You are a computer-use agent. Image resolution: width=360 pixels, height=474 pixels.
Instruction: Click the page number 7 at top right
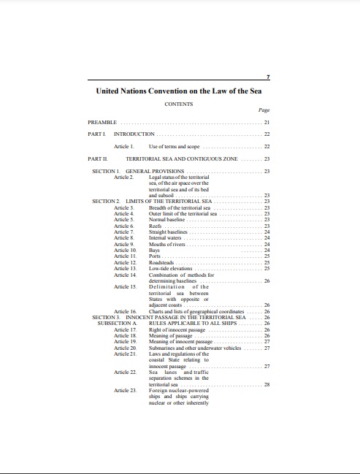(268, 76)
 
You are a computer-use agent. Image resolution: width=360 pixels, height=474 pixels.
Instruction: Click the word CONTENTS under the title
(179, 104)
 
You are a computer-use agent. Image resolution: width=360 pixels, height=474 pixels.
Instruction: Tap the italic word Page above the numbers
(264, 110)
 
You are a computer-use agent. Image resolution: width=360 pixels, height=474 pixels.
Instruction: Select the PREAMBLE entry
(102, 122)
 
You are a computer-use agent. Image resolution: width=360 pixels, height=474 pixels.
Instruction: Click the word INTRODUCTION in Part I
(134, 134)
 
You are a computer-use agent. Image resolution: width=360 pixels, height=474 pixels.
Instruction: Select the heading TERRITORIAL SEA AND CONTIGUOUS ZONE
(182, 158)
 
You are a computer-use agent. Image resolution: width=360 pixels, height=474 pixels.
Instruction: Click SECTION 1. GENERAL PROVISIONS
(138, 171)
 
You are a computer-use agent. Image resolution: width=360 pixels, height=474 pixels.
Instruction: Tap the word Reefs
(156, 226)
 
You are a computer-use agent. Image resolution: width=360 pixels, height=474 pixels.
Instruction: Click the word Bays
(154, 250)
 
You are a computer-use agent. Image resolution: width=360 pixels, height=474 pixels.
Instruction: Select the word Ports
(155, 256)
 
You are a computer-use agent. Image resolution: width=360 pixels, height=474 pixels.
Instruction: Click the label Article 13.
(126, 268)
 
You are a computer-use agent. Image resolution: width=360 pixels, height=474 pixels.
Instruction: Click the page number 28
(267, 383)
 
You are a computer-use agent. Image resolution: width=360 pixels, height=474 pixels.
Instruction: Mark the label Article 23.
(126, 390)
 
